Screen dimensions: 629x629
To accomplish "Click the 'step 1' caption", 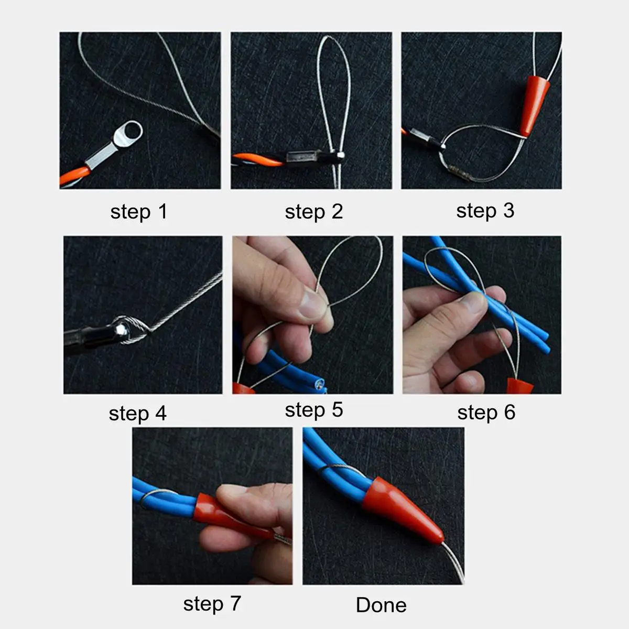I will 138,212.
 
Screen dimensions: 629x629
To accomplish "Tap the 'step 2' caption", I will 313,212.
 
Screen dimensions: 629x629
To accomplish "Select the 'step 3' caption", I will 485,211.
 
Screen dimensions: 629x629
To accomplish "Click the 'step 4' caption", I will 137,414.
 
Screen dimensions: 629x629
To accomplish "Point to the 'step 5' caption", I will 313,410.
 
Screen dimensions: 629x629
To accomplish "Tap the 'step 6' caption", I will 486,413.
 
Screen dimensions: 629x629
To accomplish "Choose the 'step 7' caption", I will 212,604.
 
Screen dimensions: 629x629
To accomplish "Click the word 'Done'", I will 381,605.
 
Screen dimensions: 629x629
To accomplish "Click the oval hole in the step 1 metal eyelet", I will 131,131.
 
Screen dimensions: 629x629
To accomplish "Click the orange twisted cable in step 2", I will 257,159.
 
